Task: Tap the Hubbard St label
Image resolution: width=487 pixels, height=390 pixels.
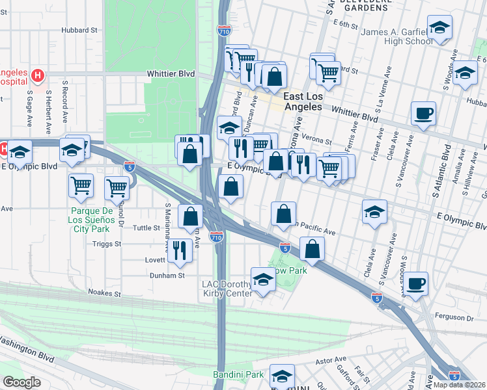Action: (79, 30)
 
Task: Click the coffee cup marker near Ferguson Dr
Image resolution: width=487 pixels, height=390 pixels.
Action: (415, 283)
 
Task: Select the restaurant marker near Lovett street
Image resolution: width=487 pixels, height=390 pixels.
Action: (180, 248)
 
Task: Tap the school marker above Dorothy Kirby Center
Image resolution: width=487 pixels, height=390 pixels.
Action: (263, 279)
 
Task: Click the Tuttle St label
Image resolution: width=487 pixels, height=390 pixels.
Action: (146, 228)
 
